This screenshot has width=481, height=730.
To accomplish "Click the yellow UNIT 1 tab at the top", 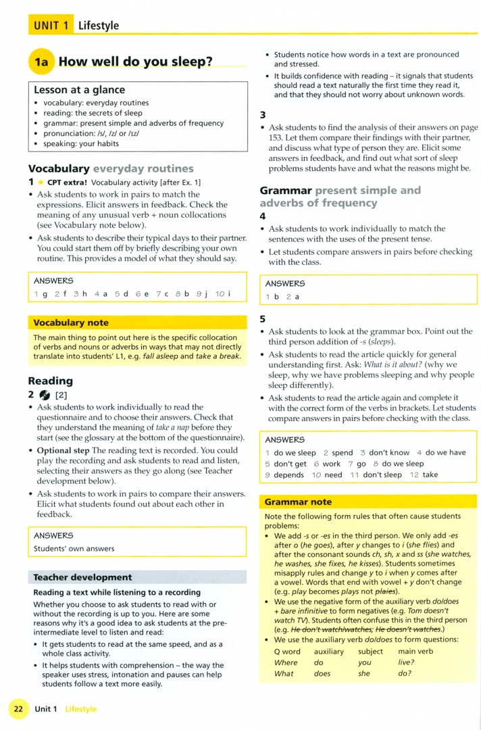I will (x=51, y=26).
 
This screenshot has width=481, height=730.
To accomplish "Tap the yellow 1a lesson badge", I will (x=41, y=62).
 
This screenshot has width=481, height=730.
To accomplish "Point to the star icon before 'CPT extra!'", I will (x=40, y=182).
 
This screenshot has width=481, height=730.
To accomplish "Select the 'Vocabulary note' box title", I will (x=71, y=323).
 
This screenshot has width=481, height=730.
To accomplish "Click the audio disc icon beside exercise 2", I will (x=45, y=395).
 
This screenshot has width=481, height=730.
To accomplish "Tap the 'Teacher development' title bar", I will (x=82, y=577).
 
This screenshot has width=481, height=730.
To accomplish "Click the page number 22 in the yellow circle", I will (x=18, y=709).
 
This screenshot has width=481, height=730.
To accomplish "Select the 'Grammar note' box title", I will (x=298, y=502).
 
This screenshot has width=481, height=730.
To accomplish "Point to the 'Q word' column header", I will (x=287, y=652).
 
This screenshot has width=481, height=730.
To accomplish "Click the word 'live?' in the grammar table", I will (x=407, y=662).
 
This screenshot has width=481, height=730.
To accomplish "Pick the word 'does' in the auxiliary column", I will (x=323, y=673).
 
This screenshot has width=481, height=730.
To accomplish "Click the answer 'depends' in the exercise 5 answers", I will (x=288, y=474).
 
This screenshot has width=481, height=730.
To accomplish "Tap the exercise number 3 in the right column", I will (x=263, y=114).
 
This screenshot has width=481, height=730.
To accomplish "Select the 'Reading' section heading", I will (x=51, y=381).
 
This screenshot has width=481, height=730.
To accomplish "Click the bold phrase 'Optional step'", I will (x=63, y=450).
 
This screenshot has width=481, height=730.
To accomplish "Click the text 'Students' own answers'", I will (x=74, y=548).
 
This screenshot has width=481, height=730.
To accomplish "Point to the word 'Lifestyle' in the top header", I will (x=98, y=26).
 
